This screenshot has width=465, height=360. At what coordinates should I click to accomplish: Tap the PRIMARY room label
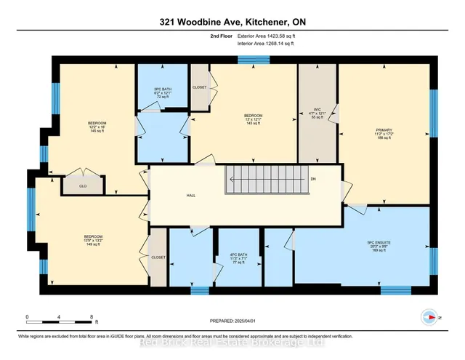(x=384, y=131)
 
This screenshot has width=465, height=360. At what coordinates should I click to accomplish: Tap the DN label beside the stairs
(x=313, y=178)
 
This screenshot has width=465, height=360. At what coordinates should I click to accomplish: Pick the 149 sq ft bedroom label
(x=93, y=241)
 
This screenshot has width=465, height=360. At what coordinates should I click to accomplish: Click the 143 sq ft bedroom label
(x=253, y=120)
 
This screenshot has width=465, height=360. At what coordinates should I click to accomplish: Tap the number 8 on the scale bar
(x=92, y=317)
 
